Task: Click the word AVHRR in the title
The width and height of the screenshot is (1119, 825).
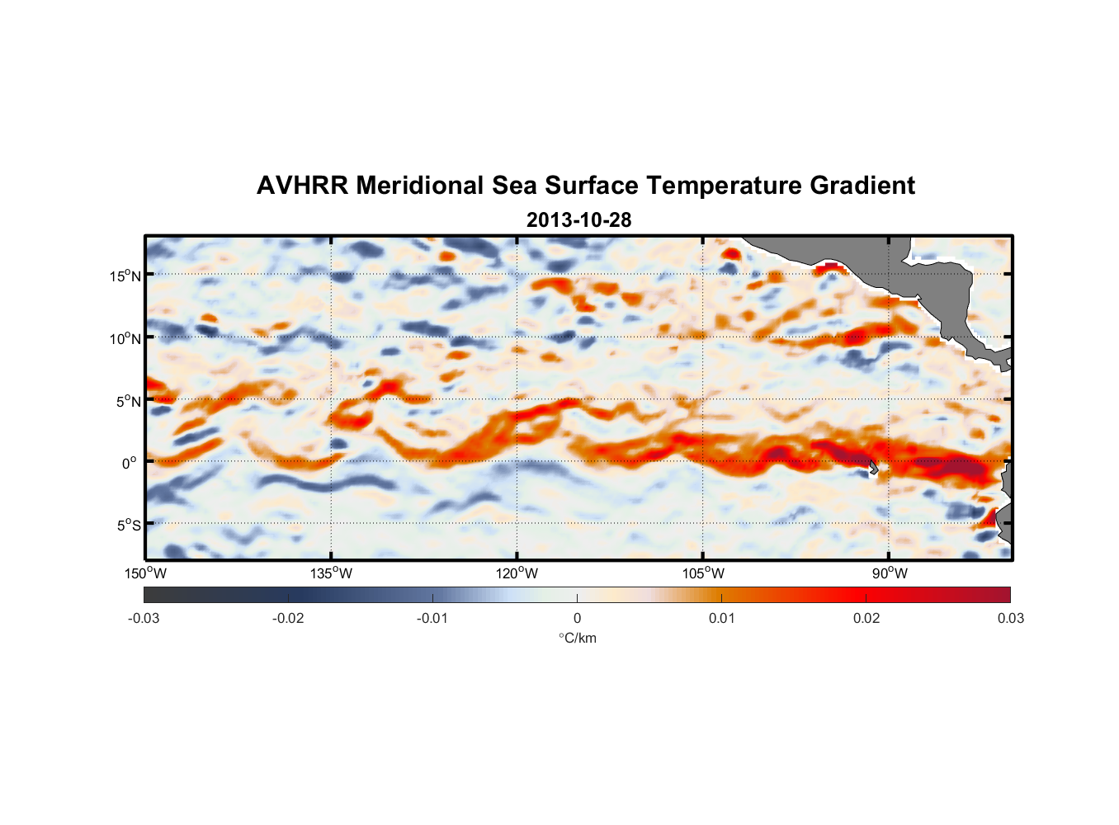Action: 300,186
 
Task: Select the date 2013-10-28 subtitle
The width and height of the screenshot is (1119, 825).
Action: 578,220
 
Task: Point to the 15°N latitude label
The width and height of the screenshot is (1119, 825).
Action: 125,276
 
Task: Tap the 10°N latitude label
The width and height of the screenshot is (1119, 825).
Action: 125,338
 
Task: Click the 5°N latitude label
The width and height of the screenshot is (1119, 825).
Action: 128,401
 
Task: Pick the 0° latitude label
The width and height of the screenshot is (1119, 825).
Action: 130,463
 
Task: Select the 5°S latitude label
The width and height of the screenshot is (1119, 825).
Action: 128,525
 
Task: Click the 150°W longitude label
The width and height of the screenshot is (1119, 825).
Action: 145,573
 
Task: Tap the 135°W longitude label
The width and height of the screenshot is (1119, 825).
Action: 331,573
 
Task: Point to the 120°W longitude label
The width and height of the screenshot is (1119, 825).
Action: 517,573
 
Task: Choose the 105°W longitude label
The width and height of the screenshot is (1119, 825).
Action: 703,573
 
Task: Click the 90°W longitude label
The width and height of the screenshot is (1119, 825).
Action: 889,573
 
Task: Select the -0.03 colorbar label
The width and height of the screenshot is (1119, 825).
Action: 144,618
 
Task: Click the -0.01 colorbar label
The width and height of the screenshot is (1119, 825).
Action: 432,618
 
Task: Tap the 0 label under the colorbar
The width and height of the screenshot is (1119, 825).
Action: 577,618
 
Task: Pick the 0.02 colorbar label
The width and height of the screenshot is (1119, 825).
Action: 866,618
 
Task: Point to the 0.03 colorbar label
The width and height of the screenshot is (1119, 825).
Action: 1010,618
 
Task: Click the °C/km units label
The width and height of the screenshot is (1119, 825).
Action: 577,638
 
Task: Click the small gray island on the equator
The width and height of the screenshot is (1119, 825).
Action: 873,467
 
